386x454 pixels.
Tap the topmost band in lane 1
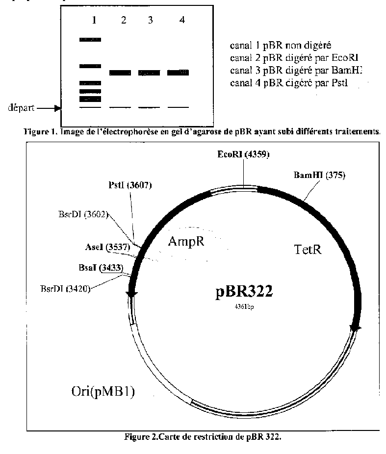tap(90, 40)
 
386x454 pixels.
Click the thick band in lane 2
tap(120, 73)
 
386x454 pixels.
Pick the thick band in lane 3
tap(149, 73)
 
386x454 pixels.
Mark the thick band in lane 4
tap(178, 73)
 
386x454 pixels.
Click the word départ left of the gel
tap(18, 108)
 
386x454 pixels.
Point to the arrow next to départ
tap(48, 108)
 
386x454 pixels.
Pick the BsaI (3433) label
tap(101, 268)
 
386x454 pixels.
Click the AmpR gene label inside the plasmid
tap(185, 241)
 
